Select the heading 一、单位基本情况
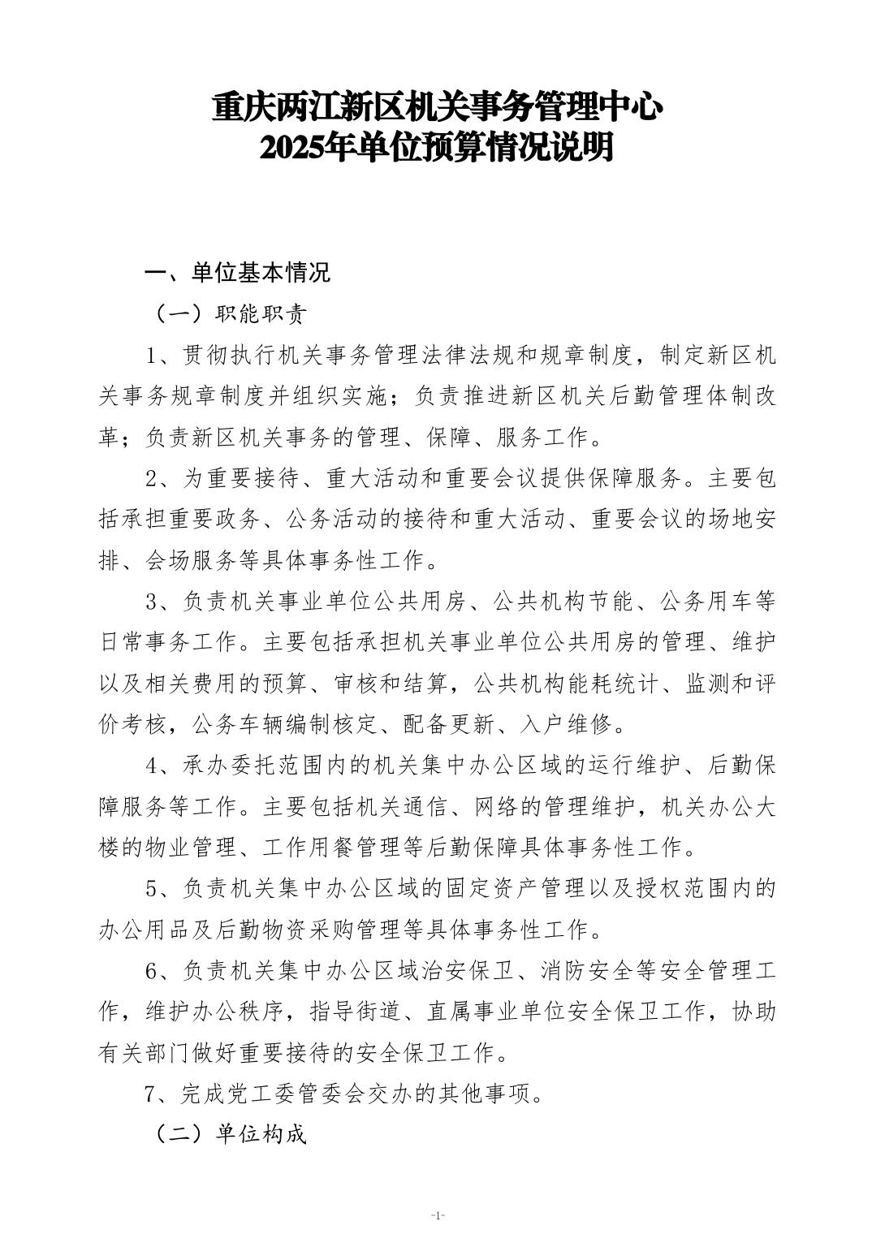coord(237,272)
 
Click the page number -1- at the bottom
coord(437,1215)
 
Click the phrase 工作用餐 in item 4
coord(300,848)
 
